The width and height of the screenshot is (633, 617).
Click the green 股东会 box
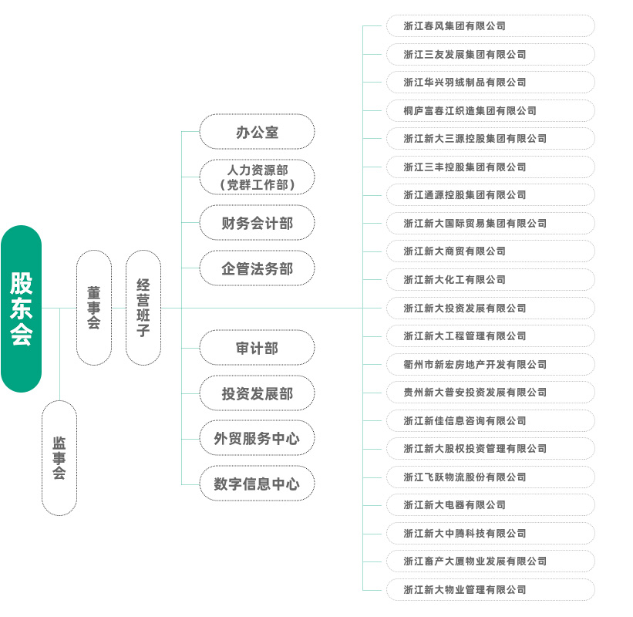(21, 308)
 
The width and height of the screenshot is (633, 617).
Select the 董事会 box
(94, 307)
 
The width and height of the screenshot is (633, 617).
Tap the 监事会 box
(59, 457)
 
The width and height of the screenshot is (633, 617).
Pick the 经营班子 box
(143, 307)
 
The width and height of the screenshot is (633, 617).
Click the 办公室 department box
(257, 132)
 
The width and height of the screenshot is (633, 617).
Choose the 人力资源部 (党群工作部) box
(257, 177)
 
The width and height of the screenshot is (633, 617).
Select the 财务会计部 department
(257, 223)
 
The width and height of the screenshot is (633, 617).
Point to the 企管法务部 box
(257, 268)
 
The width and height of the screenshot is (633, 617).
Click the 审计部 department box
(257, 348)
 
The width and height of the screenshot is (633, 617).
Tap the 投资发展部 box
(257, 393)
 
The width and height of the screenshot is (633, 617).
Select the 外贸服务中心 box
(257, 438)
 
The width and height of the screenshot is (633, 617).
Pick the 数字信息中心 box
(257, 484)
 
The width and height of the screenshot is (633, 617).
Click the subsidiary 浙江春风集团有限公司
(490, 25)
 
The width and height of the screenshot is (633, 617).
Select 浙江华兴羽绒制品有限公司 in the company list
(490, 82)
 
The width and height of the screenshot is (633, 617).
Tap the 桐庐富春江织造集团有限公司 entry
(490, 110)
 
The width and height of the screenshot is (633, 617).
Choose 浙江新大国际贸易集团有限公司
(490, 223)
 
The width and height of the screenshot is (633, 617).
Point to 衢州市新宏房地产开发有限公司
(490, 364)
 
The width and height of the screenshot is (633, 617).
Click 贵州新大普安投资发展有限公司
(490, 392)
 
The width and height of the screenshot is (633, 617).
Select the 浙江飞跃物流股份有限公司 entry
(490, 477)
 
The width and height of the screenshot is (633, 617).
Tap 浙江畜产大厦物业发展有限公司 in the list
(490, 561)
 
